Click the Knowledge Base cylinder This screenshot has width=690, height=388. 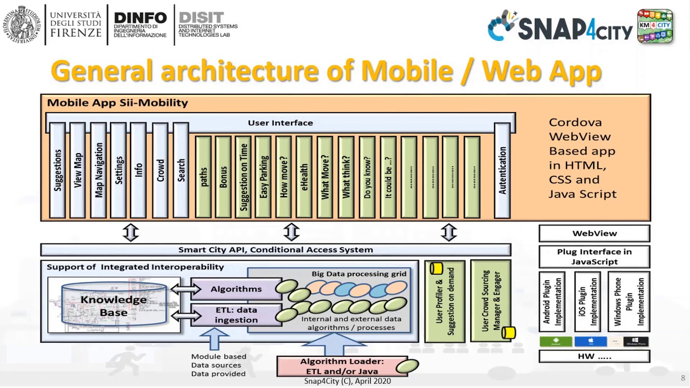114,305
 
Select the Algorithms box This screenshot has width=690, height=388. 236,289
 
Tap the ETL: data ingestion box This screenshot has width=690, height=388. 236,315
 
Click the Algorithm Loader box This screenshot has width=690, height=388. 342,366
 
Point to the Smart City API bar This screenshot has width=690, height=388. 275,250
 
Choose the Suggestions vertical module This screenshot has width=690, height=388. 57,170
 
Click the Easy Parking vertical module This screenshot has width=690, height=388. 263,176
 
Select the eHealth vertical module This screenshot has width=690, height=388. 304,176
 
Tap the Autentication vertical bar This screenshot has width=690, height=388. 502,170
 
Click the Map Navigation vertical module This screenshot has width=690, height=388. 99,170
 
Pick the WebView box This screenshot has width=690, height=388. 594,233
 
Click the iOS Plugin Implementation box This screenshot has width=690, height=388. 587,302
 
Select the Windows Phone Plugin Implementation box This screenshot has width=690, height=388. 629,302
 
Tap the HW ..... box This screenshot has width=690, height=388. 594,356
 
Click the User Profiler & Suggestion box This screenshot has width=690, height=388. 445,302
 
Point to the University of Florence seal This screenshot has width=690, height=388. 21,24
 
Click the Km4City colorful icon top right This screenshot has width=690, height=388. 655,26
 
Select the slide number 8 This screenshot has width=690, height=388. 683,378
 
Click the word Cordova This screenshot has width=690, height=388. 575,122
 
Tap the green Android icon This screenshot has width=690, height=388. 555,342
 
